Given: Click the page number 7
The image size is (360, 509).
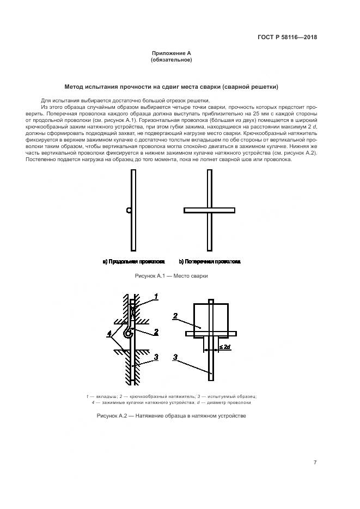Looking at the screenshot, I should tap(315, 463).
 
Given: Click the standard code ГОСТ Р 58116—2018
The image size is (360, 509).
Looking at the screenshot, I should tap(287, 38).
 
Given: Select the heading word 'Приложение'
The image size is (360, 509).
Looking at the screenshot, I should tap(167, 53).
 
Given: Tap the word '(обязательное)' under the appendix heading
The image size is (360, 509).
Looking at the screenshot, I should tap(171, 60).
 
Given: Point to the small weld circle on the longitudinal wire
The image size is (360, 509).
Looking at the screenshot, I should tap(129, 210).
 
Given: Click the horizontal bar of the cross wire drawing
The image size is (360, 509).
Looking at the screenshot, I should tap(209, 210).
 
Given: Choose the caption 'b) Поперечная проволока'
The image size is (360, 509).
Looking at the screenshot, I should tap(210, 262).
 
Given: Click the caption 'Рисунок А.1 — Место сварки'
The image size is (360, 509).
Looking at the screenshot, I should tap(172, 276).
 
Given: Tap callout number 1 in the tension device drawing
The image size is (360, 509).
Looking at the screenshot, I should tap(155, 297).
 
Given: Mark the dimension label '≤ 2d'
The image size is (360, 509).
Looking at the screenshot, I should tap(224, 346).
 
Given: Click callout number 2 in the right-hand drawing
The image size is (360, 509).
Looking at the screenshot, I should tap(175, 315).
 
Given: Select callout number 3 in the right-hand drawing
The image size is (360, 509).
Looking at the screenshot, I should tap(175, 358).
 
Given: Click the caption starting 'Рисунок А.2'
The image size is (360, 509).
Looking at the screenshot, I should tap(172, 416).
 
